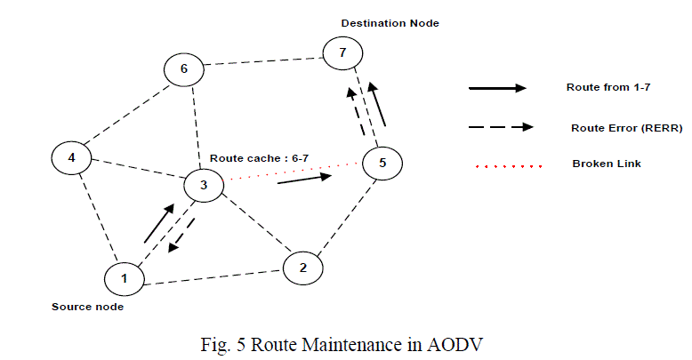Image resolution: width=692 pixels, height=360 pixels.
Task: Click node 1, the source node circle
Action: [x=125, y=279]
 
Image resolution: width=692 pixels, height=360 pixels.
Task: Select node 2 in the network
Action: [x=303, y=268]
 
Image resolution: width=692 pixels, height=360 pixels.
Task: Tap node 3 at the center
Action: [x=204, y=186]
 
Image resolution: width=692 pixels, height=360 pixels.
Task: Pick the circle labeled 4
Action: [x=72, y=158]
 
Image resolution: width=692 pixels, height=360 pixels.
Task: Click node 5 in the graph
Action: [x=382, y=164]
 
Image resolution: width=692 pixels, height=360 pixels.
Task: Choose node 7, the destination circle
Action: [x=342, y=53]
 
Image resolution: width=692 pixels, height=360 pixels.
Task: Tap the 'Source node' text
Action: [x=87, y=307]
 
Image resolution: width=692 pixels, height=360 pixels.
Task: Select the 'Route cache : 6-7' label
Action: [x=259, y=157]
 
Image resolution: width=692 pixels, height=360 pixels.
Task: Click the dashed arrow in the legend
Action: [x=500, y=126]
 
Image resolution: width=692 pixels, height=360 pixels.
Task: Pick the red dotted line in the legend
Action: [x=503, y=166]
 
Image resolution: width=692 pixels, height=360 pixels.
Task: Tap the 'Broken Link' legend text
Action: [x=606, y=164]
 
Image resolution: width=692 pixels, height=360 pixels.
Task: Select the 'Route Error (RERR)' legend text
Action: [x=626, y=128]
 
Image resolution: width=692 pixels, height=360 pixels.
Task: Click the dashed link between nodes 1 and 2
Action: [x=213, y=274]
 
